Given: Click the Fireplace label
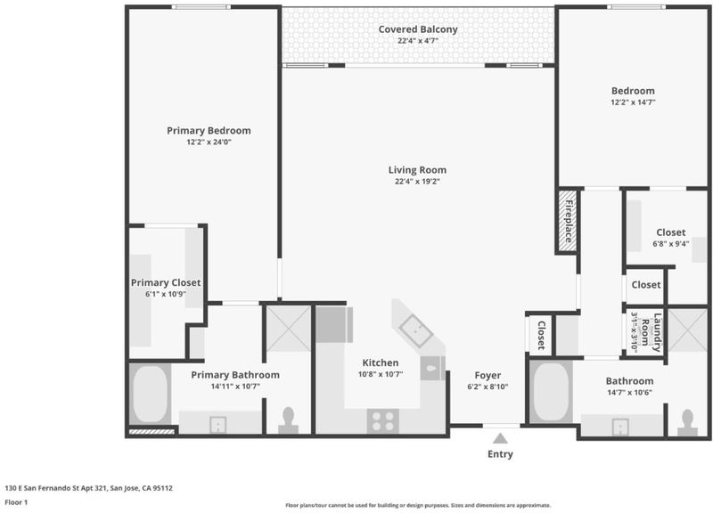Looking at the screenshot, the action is tap(569, 221).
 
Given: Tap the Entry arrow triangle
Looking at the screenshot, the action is tap(500, 438).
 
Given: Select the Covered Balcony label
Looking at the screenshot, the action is tap(418, 29).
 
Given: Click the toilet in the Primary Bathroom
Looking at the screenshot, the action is tap(288, 420).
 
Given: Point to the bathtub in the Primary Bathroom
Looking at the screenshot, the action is tap(150, 394).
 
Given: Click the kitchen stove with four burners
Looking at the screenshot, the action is tap(383, 420).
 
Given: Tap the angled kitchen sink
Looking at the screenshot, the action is tap(416, 330).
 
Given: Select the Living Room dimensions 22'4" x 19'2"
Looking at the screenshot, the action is tap(417, 182).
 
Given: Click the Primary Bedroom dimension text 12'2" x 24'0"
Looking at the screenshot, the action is tap(209, 142).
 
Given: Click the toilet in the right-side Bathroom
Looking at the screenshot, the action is tap(687, 422).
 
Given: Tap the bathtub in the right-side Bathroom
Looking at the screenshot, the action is tap(551, 393).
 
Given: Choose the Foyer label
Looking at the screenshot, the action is tap(488, 375).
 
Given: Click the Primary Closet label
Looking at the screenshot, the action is tap(166, 282).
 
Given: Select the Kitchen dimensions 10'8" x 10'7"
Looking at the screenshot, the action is tap(381, 374).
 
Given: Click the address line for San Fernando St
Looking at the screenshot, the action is tap(88, 488).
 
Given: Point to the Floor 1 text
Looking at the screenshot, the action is tap(16, 502).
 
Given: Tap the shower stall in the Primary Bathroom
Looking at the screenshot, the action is tap(288, 329).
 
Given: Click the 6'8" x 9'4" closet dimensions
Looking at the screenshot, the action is tap(671, 244).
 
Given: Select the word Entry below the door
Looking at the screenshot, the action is tap(500, 454).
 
